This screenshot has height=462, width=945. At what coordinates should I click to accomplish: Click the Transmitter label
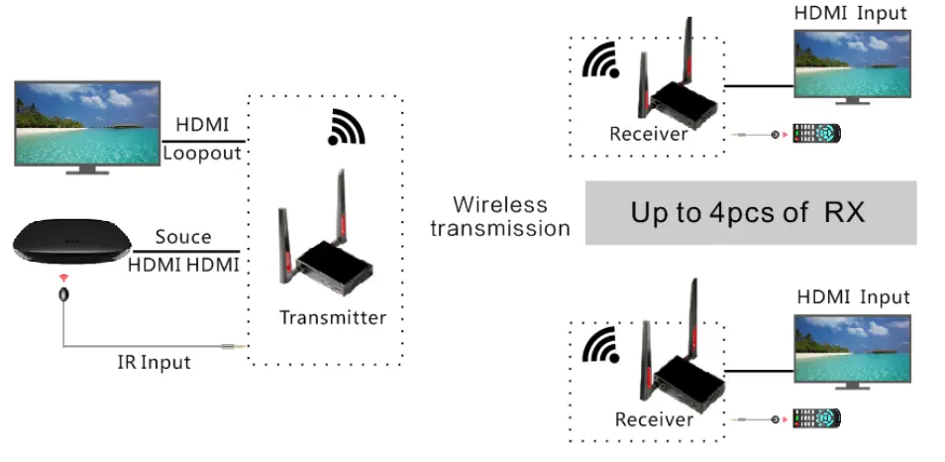[332, 318]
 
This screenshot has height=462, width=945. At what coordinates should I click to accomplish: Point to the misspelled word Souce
[183, 237]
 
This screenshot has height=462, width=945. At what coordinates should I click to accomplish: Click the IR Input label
[153, 362]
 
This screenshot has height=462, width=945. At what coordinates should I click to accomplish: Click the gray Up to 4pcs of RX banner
[750, 212]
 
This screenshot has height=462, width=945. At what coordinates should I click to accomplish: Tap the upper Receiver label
[648, 134]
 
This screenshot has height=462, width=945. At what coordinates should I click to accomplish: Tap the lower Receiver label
[653, 419]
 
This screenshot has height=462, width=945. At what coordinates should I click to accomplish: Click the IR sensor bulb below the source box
[64, 295]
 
